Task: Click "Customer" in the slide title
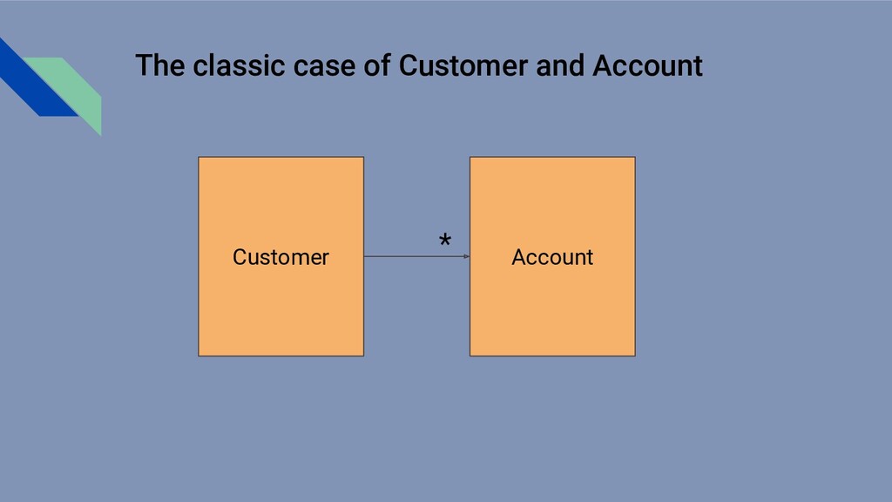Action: click(x=464, y=66)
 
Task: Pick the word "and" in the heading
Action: click(x=560, y=66)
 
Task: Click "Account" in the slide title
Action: click(x=647, y=66)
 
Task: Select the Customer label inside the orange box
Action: click(x=280, y=257)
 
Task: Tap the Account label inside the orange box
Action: click(x=552, y=257)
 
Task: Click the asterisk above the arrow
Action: click(x=445, y=241)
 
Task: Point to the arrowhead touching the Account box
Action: click(x=466, y=256)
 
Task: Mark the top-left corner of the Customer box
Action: click(x=199, y=158)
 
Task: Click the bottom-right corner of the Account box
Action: click(x=635, y=356)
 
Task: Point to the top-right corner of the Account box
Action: click(x=635, y=158)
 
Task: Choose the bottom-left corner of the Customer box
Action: click(x=199, y=356)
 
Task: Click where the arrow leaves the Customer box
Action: click(x=364, y=256)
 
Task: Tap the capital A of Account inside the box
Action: click(x=518, y=257)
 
